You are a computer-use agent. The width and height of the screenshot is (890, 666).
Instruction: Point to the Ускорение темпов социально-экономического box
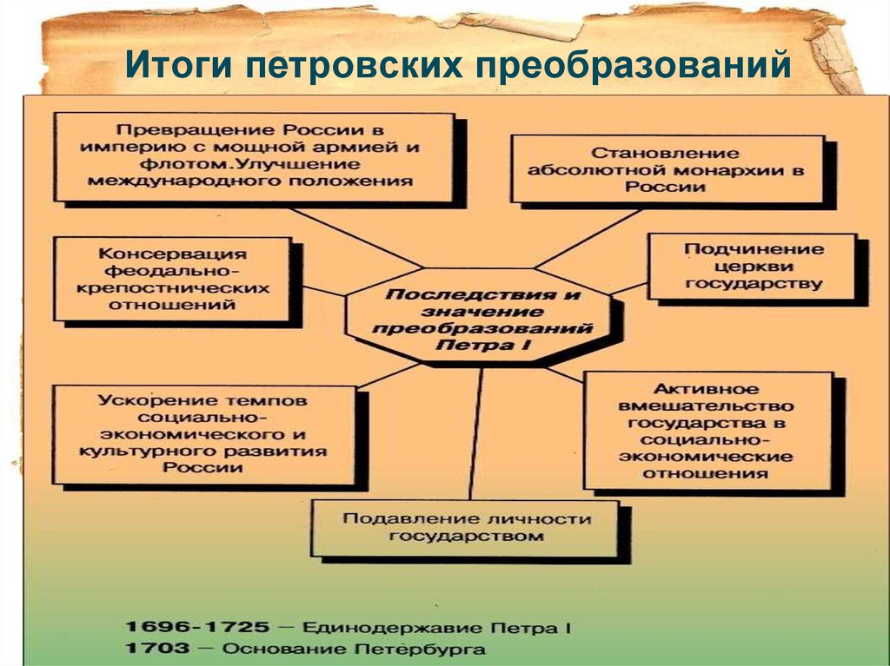pyautogui.click(x=203, y=433)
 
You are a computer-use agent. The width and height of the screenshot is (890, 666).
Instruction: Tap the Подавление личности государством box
pyautogui.click(x=465, y=527)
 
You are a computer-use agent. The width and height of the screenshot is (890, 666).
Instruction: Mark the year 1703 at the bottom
pyautogui.click(x=156, y=648)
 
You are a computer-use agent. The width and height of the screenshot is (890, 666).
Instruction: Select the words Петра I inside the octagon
pyautogui.click(x=482, y=346)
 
